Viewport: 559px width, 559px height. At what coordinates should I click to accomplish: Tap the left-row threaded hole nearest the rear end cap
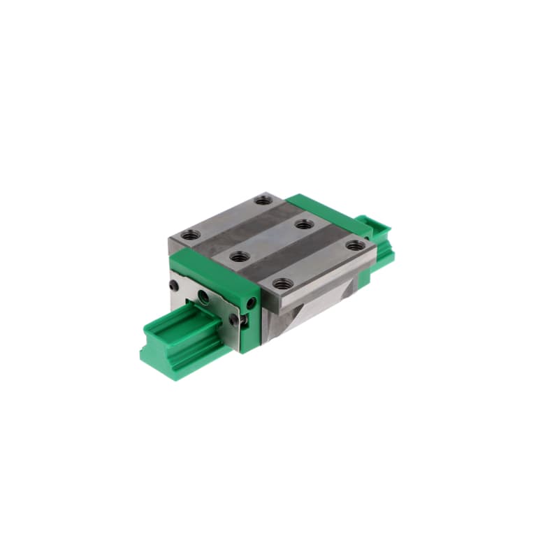pos(263,200)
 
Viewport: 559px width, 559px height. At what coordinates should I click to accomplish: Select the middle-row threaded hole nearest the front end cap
pos(238,256)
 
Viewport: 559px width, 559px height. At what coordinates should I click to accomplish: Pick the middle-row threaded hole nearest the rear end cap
pos(303,224)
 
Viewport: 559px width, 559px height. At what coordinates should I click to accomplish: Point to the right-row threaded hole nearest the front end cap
pos(281,284)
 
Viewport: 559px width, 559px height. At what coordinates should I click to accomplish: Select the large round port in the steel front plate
pos(203,297)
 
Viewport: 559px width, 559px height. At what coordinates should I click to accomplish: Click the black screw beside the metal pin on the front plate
pos(233,318)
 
